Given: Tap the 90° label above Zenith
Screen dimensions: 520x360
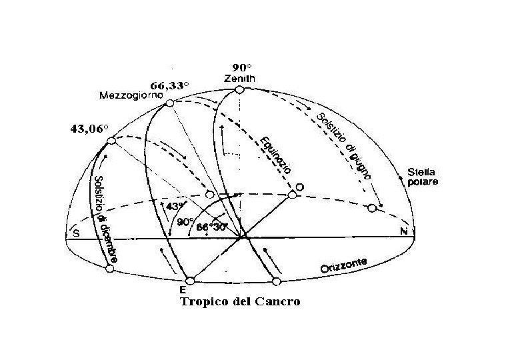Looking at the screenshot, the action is tap(240, 67).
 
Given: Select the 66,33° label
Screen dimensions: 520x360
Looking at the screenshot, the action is tap(169, 85).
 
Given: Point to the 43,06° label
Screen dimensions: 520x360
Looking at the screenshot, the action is tap(89, 129).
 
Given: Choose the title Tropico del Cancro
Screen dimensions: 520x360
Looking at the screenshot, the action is tap(240, 302).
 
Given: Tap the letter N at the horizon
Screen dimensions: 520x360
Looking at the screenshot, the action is tap(403, 232).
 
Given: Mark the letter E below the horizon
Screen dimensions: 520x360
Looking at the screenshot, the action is tap(182, 291).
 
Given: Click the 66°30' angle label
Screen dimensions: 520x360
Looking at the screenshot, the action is tap(213, 227).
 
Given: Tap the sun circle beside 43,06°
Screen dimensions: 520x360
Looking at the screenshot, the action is tap(112, 141).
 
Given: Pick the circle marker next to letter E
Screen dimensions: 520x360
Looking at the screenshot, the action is tap(191, 281).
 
